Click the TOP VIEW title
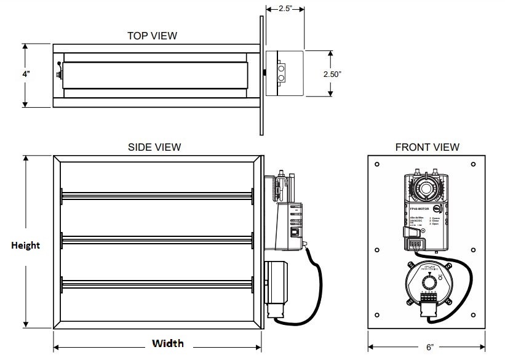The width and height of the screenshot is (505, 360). [152, 36]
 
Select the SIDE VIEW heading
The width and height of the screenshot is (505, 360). [154, 147]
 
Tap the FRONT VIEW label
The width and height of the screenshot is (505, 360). [427, 147]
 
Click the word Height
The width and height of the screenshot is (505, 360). [25, 245]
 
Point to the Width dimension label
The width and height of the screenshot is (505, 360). [167, 343]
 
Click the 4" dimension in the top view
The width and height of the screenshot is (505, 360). [26, 74]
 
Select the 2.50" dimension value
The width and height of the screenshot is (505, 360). [332, 74]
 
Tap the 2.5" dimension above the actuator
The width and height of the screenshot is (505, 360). [284, 9]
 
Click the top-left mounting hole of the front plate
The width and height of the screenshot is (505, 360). [377, 164]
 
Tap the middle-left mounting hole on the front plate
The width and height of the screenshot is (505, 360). [377, 250]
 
